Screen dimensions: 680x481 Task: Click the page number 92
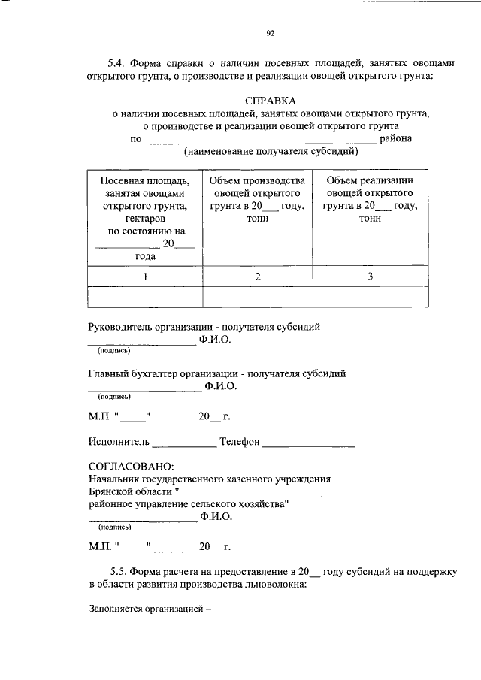271,33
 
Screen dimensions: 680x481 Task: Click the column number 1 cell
145,277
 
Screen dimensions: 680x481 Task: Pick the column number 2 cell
257,277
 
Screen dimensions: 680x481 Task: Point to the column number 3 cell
370,277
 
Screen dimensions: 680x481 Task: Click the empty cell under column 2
257,297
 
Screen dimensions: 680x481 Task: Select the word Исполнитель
119,442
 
